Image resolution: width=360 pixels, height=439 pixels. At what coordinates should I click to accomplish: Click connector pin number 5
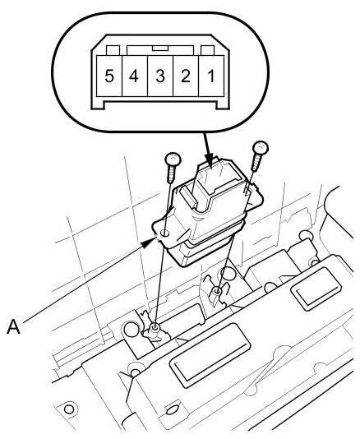(x=109, y=76)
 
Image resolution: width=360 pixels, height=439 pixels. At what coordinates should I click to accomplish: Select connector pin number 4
(x=134, y=76)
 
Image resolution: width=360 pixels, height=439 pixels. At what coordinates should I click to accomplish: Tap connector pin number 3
(x=159, y=76)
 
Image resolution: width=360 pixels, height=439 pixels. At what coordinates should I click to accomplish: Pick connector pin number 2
(x=186, y=76)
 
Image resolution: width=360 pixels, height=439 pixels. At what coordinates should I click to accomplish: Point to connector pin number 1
(x=210, y=76)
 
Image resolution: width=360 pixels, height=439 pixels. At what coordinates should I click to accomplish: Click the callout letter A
(x=13, y=326)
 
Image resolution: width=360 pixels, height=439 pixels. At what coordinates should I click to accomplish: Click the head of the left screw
(x=173, y=159)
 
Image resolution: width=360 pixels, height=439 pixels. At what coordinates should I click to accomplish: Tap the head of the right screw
(x=261, y=148)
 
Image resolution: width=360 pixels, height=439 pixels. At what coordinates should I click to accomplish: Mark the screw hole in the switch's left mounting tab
(x=165, y=233)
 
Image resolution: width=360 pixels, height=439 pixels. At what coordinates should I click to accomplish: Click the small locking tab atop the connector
(x=159, y=49)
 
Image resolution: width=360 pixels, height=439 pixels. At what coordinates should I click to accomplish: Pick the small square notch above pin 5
(x=113, y=50)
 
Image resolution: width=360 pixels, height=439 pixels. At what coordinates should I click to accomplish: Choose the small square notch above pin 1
(x=207, y=50)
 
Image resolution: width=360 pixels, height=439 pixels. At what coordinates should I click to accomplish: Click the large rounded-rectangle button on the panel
(x=210, y=355)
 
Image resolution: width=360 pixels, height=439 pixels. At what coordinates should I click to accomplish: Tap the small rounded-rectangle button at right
(x=316, y=289)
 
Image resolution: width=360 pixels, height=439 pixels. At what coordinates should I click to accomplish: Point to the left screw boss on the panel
(x=155, y=326)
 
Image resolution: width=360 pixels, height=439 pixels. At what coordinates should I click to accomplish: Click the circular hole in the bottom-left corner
(x=69, y=409)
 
